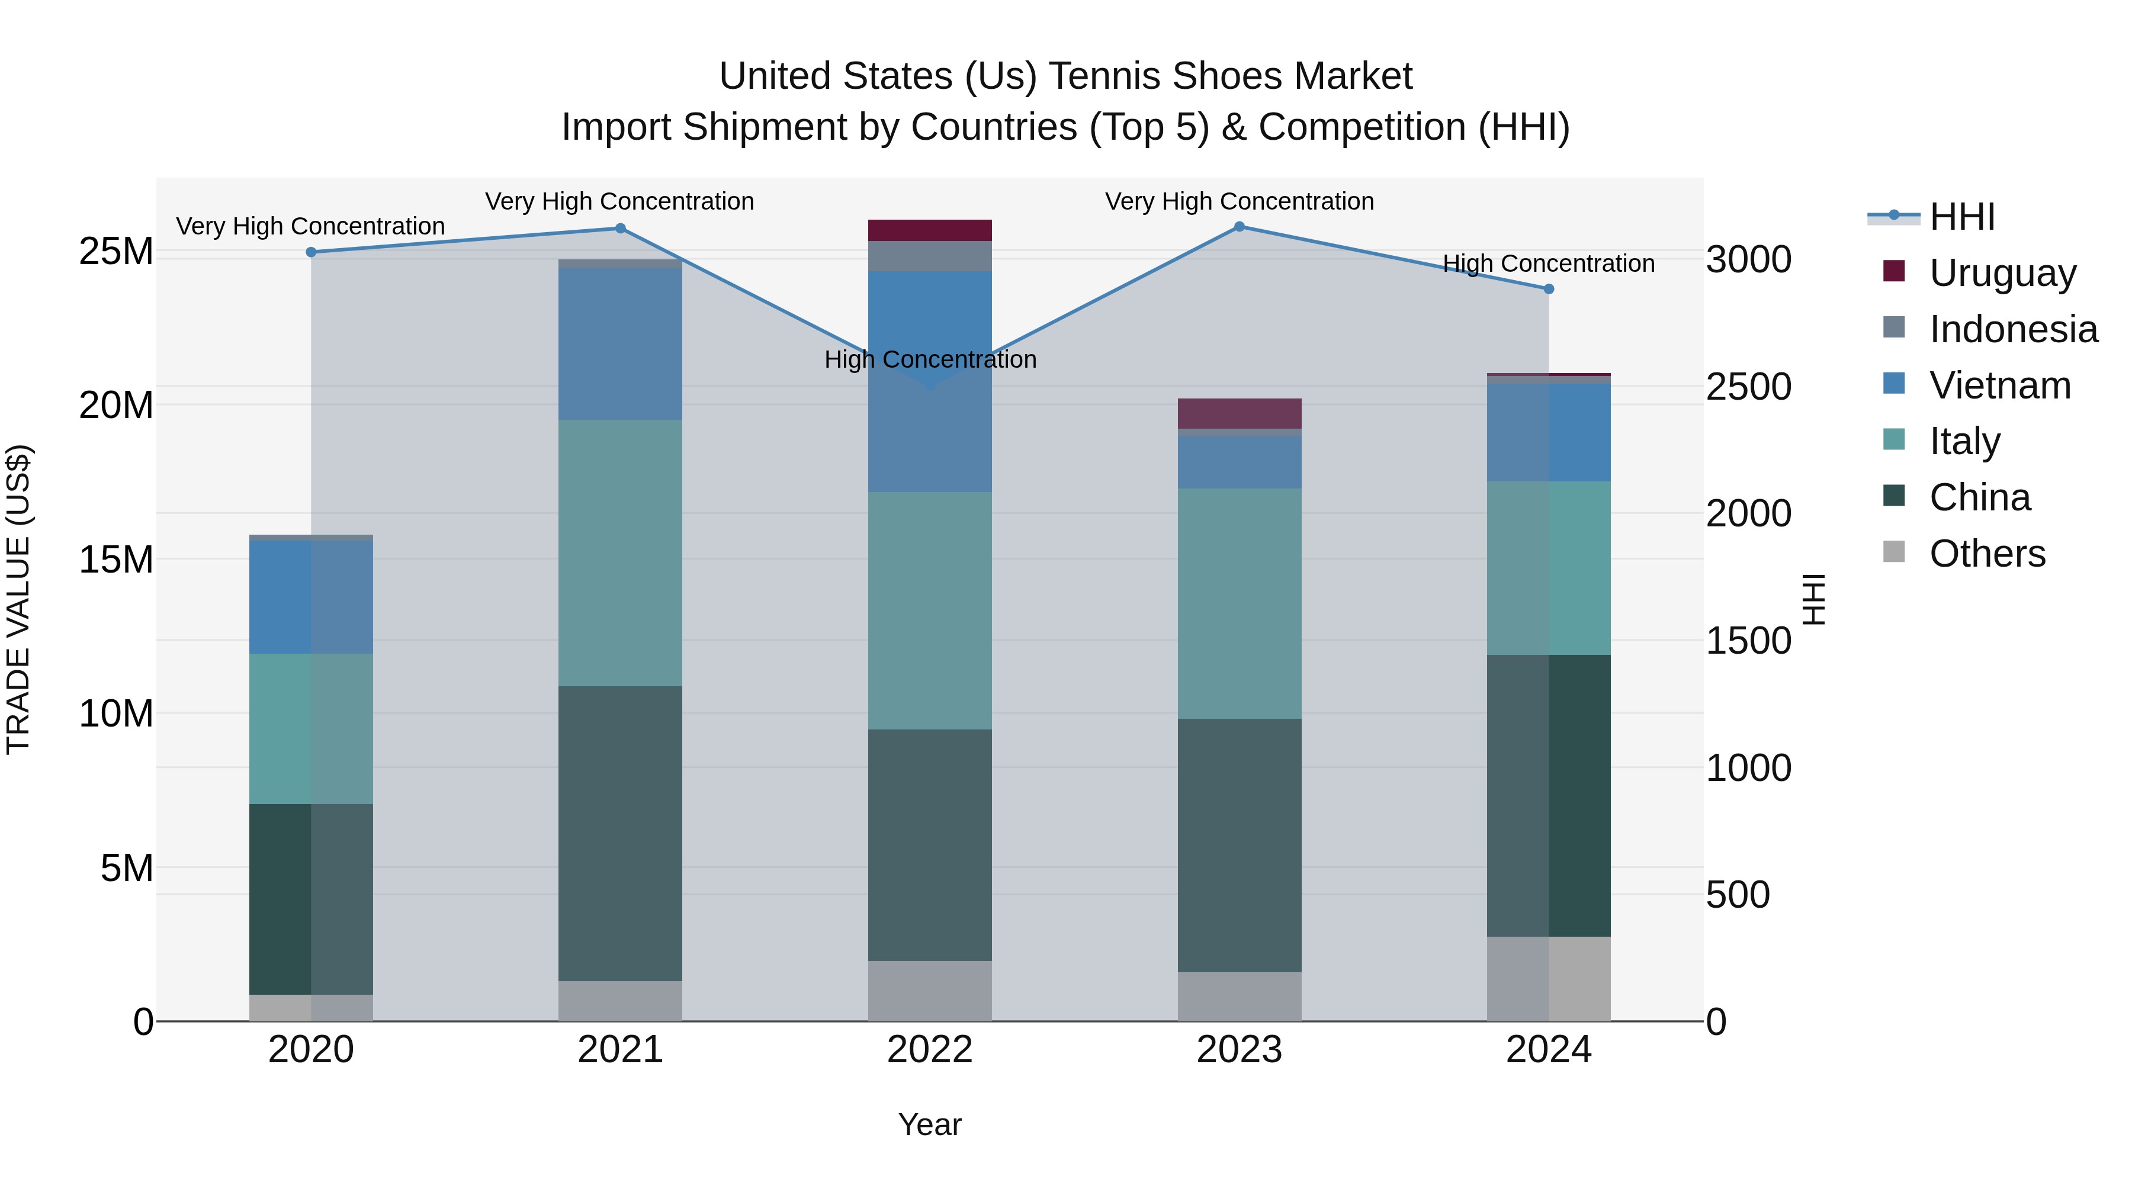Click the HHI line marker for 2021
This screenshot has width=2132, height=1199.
[x=620, y=229]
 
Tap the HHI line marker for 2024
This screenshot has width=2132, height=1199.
[x=1549, y=289]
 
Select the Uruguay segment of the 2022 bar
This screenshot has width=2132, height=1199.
[x=929, y=230]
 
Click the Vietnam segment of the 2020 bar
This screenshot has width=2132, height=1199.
[x=311, y=597]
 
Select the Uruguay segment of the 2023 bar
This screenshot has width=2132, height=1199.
[x=1239, y=413]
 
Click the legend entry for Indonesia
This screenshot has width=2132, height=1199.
[x=2013, y=329]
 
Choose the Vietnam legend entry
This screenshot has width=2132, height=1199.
[x=1999, y=385]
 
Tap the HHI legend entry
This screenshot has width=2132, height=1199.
[x=1961, y=217]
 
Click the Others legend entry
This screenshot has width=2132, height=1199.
[x=1986, y=554]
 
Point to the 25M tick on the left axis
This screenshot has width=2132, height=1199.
[x=116, y=250]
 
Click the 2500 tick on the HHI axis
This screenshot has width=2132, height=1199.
[x=1748, y=387]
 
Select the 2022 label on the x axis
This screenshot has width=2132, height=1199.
[x=929, y=1050]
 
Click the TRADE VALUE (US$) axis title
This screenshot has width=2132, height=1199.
[x=18, y=599]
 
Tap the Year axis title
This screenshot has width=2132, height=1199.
[x=929, y=1124]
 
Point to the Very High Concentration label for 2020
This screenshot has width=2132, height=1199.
[x=310, y=226]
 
